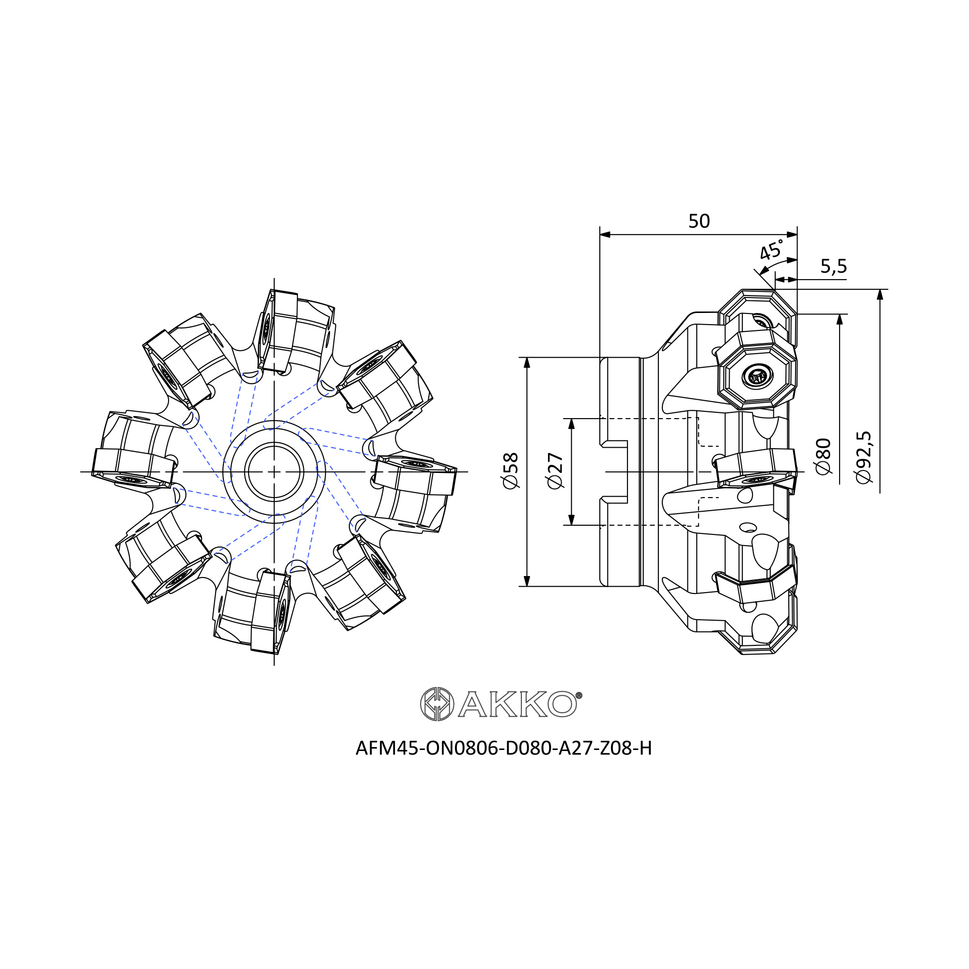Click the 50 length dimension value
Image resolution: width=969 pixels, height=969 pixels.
pyautogui.click(x=699, y=221)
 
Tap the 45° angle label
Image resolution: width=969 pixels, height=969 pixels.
pyautogui.click(x=772, y=250)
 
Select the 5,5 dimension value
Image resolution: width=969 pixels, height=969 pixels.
pyautogui.click(x=833, y=266)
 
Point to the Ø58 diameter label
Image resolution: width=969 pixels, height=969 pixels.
pyautogui.click(x=511, y=470)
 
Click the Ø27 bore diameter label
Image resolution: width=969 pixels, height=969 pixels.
pyautogui.click(x=556, y=470)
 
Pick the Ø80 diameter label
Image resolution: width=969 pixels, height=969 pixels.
pyautogui.click(x=824, y=456)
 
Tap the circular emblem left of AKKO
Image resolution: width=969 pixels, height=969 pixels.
pyautogui.click(x=437, y=704)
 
